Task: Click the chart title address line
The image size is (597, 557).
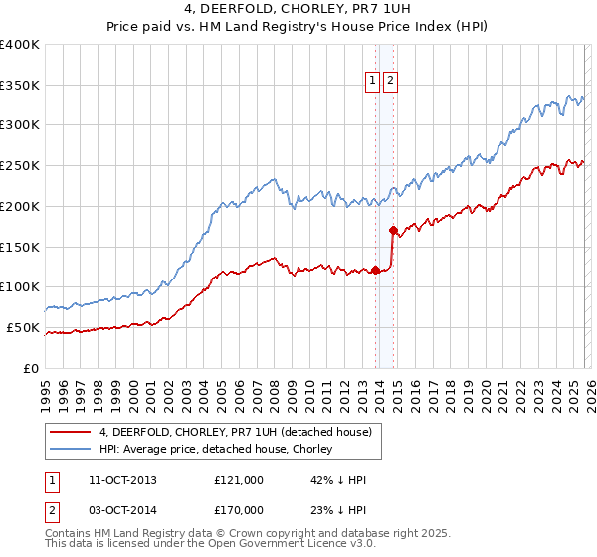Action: point(298,10)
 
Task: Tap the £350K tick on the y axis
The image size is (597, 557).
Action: point(19,85)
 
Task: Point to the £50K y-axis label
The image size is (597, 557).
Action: point(22,327)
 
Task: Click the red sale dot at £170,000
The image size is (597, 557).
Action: point(393,230)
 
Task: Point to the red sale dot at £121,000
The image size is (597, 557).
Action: point(376,270)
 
